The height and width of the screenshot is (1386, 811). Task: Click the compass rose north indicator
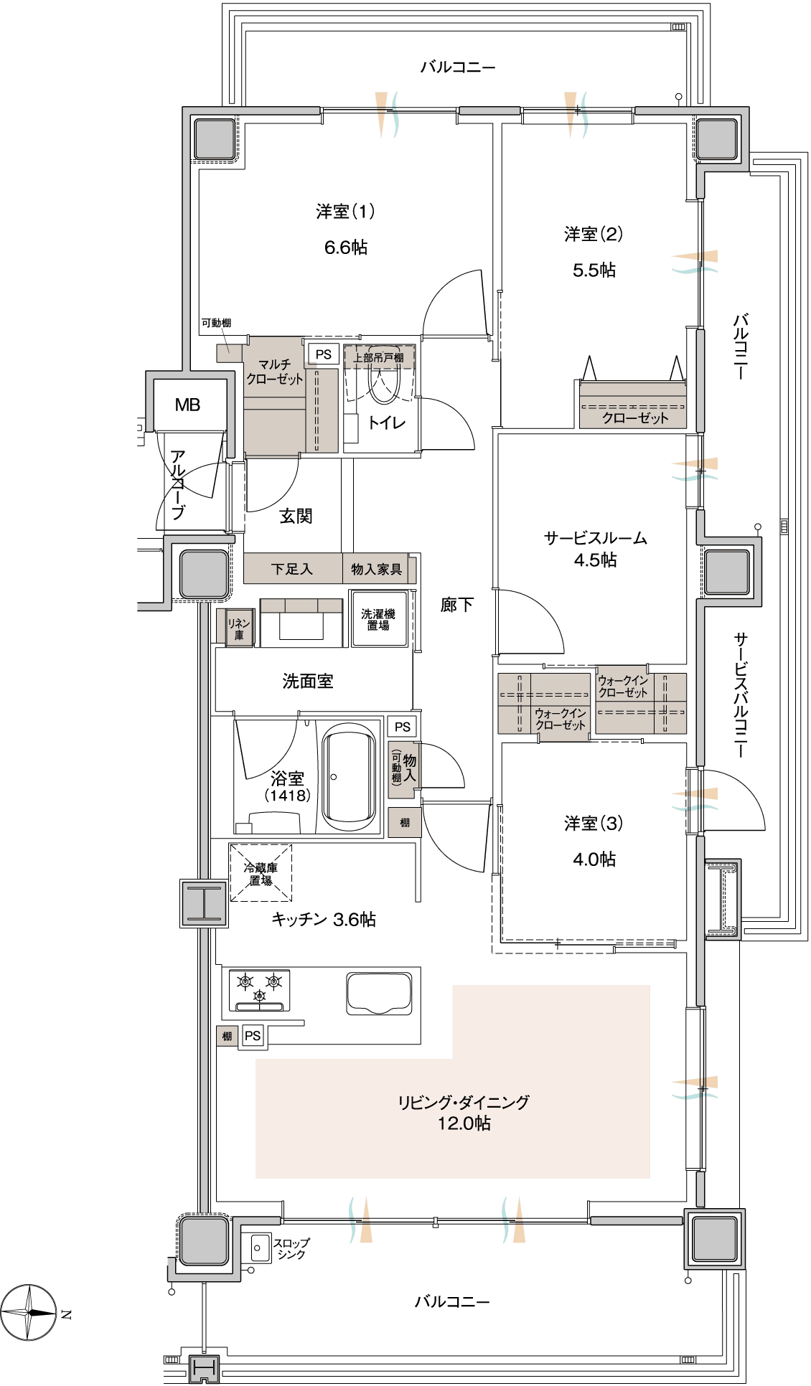coord(29,1313)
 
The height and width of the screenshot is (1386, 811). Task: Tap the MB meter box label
coord(187,405)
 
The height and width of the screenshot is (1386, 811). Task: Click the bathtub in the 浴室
coord(349,777)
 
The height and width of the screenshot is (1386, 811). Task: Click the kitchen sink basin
coord(379,993)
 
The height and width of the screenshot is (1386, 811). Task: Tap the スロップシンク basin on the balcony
coord(258,1248)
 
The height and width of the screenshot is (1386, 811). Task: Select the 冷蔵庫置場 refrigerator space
coord(261,872)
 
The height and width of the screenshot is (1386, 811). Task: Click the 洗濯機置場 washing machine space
coord(378,619)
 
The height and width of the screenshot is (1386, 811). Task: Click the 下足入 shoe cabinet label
coord(292,569)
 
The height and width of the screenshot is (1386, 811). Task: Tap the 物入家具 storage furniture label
coord(377,569)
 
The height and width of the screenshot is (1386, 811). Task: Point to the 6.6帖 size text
coord(345,247)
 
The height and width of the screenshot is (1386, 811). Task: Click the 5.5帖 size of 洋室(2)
coord(594,270)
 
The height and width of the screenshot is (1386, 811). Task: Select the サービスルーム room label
coord(595,538)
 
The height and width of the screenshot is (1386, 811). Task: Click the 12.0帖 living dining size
coord(464,1123)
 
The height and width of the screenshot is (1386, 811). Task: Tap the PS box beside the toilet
coord(323,354)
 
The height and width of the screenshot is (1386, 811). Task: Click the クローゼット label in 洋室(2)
coord(635,418)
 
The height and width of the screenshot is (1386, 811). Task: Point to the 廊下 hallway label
coord(456,605)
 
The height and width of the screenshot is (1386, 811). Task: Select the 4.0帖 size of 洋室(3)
coord(594,859)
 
